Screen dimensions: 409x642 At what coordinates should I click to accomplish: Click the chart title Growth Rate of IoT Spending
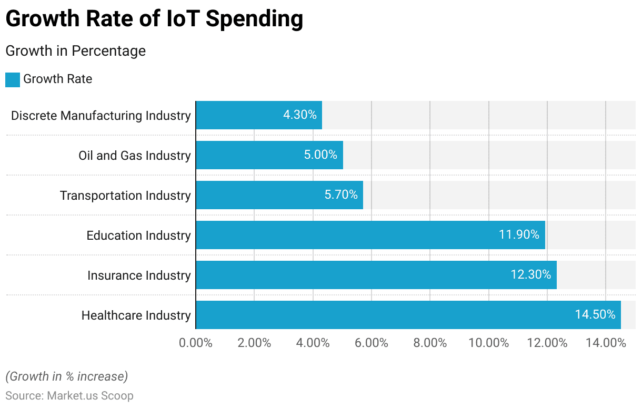tap(154, 19)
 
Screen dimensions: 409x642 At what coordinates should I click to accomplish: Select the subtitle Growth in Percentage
tap(75, 51)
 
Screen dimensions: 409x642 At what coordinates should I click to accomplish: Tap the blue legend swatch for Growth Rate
tap(13, 79)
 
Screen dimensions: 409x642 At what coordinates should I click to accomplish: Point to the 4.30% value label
tap(300, 115)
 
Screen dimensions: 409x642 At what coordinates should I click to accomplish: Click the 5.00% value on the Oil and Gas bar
tap(320, 155)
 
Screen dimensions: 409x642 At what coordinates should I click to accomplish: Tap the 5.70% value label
tap(341, 195)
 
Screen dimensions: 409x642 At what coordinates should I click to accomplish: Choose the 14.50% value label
tap(595, 315)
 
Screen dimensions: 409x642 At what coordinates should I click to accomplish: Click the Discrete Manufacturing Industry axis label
tap(101, 115)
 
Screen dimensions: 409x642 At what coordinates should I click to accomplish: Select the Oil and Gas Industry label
tap(135, 155)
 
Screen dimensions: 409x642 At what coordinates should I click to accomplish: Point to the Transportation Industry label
tap(125, 195)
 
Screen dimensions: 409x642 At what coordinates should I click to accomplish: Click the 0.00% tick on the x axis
tap(196, 343)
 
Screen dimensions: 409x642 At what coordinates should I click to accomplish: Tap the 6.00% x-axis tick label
tap(372, 343)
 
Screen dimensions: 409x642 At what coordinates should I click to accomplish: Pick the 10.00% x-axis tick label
tap(489, 343)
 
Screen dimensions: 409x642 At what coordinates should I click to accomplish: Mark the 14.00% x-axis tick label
tap(606, 343)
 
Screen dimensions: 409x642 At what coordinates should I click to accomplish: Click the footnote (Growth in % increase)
tap(66, 376)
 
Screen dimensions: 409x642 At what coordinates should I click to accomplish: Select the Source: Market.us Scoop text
tap(69, 395)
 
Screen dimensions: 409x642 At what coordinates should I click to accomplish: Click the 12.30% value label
tap(530, 275)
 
